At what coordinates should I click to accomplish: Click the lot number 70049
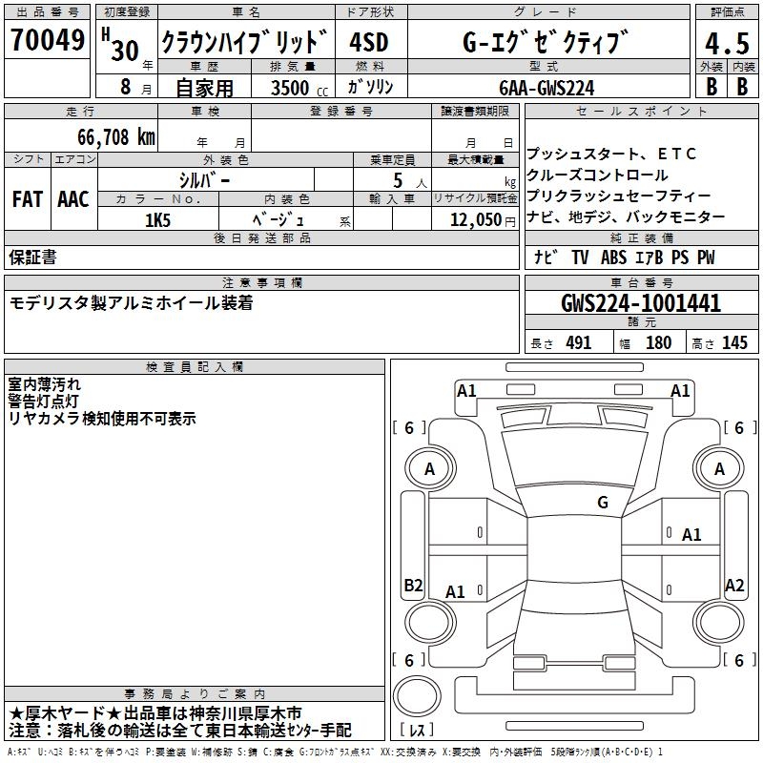pos(47,41)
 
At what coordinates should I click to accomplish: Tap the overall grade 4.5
pos(725,44)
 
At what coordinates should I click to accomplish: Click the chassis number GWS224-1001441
pos(641,303)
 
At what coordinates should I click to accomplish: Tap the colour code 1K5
pos(157,219)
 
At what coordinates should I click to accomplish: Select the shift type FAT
pos(27,199)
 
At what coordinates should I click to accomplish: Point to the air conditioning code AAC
pos(73,199)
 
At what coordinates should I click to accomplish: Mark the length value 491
pos(578,343)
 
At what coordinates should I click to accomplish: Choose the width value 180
pos(658,343)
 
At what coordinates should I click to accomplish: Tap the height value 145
pos(734,343)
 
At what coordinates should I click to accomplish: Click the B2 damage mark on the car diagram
pos(413,585)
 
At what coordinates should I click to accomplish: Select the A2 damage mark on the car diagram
pos(734,585)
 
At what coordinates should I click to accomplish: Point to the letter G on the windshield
pos(603,502)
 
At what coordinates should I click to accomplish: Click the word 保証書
pos(32,258)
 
